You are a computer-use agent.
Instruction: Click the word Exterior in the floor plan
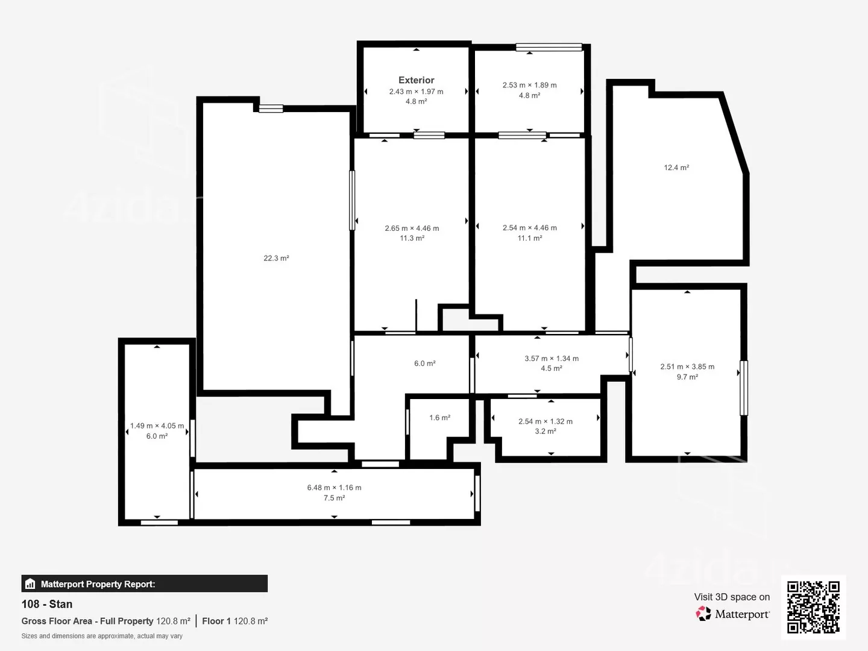(416, 80)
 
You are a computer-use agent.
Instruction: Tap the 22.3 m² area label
(277, 258)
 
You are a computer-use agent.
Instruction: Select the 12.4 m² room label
(676, 168)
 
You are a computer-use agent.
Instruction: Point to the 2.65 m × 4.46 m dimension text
(412, 228)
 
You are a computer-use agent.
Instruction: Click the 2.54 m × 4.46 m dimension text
(529, 228)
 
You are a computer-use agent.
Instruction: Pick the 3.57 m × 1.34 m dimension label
(552, 359)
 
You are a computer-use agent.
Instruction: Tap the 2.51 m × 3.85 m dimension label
(687, 366)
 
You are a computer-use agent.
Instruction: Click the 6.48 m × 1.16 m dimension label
(334, 488)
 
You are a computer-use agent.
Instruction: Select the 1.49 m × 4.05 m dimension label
(157, 426)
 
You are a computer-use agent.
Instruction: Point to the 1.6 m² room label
(440, 417)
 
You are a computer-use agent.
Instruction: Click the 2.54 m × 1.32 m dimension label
(546, 421)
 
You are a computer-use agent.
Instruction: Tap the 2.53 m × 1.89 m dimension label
(529, 85)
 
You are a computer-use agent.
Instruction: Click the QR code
(813, 607)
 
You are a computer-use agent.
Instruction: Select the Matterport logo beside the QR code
(732, 614)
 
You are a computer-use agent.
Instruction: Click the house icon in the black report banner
(30, 583)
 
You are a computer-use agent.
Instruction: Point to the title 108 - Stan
(47, 604)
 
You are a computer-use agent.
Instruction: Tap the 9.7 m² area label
(687, 377)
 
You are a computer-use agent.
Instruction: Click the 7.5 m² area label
(334, 498)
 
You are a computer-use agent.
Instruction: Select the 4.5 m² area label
(552, 368)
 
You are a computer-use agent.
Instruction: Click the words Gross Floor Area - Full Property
(87, 621)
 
